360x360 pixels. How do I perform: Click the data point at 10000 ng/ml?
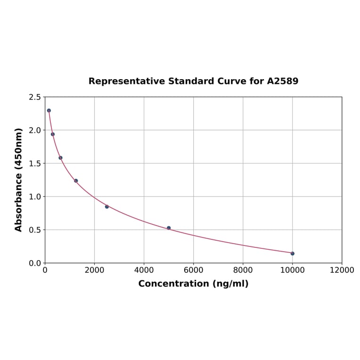[292, 254]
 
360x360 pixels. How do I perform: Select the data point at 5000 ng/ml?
[169, 228]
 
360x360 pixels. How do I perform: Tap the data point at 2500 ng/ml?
[107, 206]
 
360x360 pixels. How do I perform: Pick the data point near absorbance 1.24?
[76, 180]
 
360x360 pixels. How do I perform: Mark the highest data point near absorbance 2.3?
[49, 111]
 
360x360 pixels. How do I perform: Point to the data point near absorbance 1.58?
[60, 158]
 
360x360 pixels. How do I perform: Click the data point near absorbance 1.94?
[53, 134]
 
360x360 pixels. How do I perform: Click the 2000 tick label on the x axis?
[94, 270]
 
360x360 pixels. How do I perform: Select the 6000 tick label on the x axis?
[193, 270]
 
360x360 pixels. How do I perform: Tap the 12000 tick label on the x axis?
[342, 270]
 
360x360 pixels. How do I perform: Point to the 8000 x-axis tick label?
[243, 270]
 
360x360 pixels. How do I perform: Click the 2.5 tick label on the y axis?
[35, 97]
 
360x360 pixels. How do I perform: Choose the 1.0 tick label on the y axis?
[35, 196]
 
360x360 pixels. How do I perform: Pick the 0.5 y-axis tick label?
[35, 230]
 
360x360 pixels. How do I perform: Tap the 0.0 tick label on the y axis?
[35, 263]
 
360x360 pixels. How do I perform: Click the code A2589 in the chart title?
[283, 81]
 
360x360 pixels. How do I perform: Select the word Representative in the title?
[121, 81]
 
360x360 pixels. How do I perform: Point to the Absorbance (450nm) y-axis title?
[19, 180]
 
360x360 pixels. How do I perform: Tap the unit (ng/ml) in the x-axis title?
[230, 284]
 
